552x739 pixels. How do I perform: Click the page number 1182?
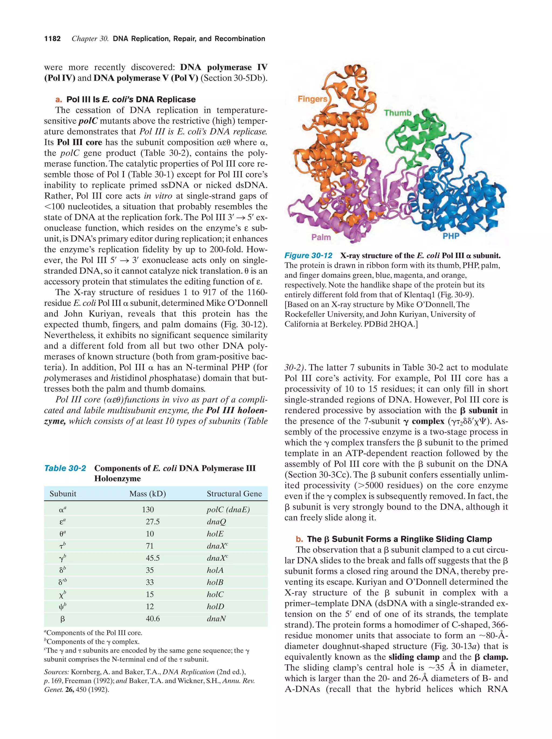click(53, 39)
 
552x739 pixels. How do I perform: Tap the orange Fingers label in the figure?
click(312, 99)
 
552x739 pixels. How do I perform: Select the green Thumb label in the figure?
click(397, 113)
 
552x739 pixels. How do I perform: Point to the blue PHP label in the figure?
click(451, 236)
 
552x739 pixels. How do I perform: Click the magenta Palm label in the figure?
click(321, 237)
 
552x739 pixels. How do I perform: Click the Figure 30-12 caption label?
click(308, 256)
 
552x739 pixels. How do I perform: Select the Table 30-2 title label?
click(65, 468)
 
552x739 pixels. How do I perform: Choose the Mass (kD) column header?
click(148, 494)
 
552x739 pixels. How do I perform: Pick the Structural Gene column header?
click(234, 494)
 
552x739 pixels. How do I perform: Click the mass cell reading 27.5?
click(153, 522)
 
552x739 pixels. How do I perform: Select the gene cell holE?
click(215, 534)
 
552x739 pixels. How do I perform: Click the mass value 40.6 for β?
click(153, 619)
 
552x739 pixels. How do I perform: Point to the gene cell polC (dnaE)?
click(228, 510)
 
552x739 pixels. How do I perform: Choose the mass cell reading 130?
click(148, 510)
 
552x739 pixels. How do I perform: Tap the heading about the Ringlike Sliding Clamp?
click(399, 539)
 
